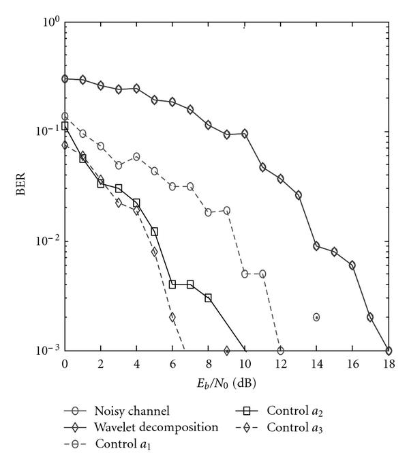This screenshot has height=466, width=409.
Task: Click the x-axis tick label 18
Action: click(389, 364)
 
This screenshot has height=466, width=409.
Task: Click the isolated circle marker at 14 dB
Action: click(316, 317)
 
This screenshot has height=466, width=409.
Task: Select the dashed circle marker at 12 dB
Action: click(280, 351)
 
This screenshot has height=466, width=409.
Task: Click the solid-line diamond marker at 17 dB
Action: click(370, 317)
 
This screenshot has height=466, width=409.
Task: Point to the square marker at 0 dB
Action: click(65, 126)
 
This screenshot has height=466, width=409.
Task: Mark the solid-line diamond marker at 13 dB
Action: click(298, 195)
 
